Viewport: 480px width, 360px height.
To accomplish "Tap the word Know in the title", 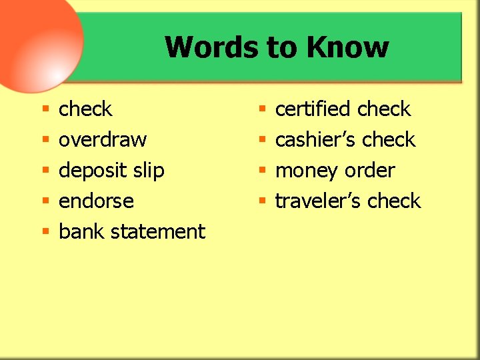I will click(x=347, y=47).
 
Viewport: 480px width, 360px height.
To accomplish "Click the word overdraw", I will click(x=103, y=140).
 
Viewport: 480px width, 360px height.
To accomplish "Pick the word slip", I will click(x=148, y=171).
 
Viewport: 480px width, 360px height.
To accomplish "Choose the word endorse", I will click(x=96, y=201).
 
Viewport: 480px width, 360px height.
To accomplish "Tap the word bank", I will click(x=82, y=231).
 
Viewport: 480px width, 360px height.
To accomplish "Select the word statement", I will click(x=158, y=231).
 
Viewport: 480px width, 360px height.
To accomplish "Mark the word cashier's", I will click(x=315, y=140).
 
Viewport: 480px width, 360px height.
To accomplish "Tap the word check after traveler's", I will click(x=394, y=201).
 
